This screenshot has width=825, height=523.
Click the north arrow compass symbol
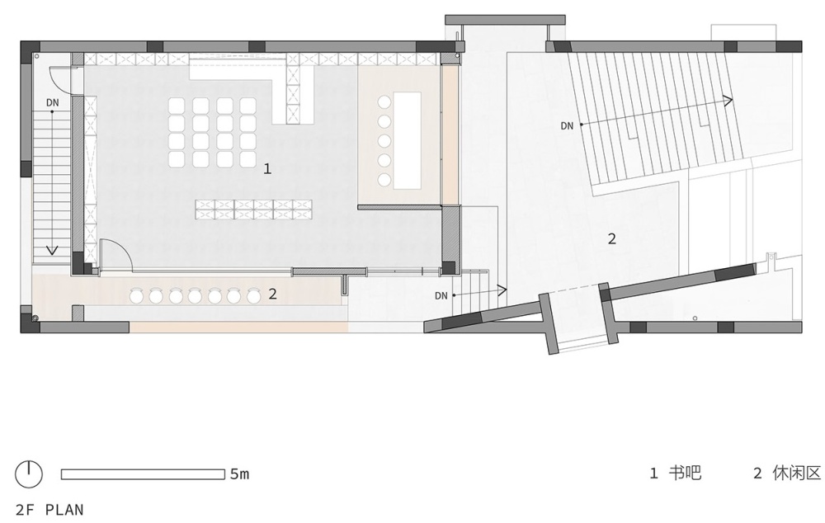click(28, 474)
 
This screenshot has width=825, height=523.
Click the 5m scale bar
click(143, 474)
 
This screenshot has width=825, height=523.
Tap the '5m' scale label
click(239, 474)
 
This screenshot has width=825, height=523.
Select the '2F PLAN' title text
click(49, 510)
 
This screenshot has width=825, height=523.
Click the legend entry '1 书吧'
click(676, 473)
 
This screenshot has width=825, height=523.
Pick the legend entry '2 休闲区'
click(787, 473)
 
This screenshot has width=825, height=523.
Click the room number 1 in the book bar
click(267, 169)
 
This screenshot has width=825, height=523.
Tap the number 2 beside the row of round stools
click(272, 294)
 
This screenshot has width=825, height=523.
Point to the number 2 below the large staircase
click(611, 239)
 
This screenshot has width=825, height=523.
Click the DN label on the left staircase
click(53, 102)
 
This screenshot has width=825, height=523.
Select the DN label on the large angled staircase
click(567, 125)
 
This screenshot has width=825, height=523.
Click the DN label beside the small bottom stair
click(441, 295)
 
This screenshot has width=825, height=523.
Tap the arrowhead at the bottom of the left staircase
click(51, 250)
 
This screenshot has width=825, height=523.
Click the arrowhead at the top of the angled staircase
click(728, 101)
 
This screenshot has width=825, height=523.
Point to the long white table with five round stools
click(408, 140)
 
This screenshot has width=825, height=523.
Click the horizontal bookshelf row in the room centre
click(253, 210)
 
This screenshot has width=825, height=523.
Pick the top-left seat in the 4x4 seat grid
click(177, 106)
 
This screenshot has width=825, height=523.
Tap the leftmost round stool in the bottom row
click(136, 297)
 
